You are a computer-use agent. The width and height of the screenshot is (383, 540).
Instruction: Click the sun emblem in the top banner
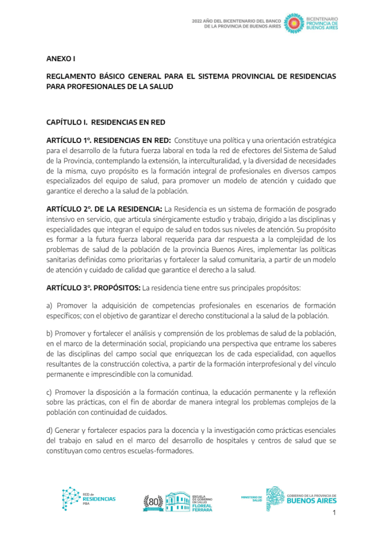point(293,24)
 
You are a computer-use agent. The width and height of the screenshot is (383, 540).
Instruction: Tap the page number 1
point(334,514)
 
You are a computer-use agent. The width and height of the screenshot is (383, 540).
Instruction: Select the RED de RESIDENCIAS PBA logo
point(88,498)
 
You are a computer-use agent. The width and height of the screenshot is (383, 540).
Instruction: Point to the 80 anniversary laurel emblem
point(154,503)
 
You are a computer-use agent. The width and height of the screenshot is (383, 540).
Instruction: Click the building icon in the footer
point(177,502)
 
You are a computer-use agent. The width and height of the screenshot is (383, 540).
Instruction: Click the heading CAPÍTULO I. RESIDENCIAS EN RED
point(106,122)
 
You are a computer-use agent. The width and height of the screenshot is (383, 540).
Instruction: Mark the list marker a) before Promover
point(50,306)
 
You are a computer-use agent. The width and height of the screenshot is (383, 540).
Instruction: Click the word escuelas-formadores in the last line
point(163,451)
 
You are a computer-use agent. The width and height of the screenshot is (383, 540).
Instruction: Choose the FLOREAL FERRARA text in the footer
point(202,507)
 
